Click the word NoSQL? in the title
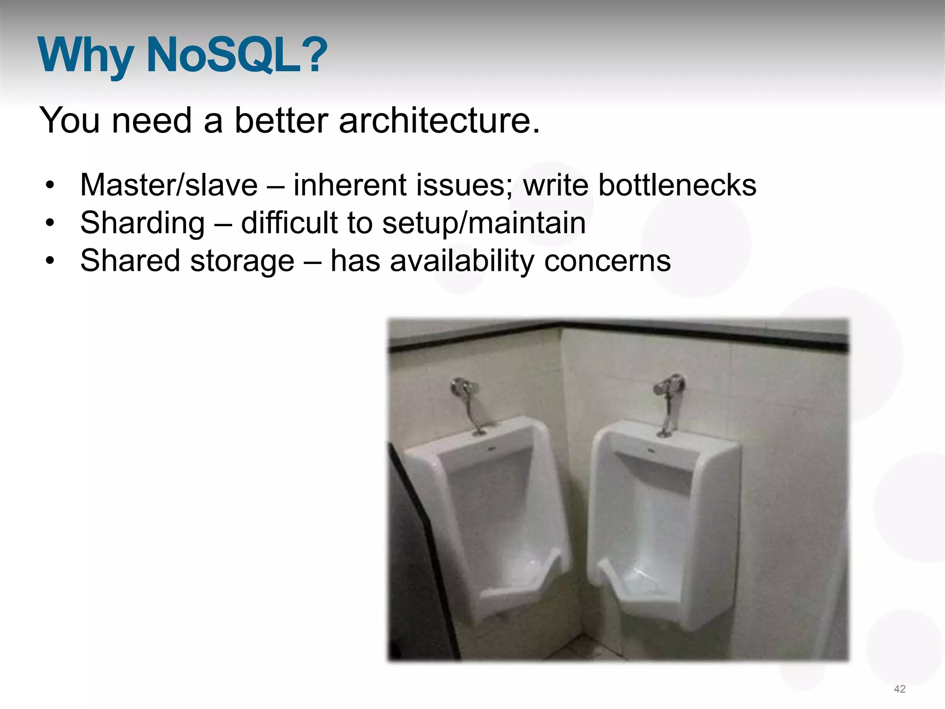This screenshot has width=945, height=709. click(x=236, y=55)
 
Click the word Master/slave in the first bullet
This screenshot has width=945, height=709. click(x=169, y=185)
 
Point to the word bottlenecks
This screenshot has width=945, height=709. click(x=677, y=185)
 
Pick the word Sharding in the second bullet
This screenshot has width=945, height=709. click(x=142, y=223)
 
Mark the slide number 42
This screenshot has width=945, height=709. click(x=899, y=689)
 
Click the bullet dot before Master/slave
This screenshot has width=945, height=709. click(x=50, y=186)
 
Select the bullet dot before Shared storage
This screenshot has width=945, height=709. click(x=50, y=262)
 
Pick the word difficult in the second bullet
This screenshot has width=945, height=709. click(x=290, y=223)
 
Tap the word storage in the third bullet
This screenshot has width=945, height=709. click(x=242, y=261)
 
